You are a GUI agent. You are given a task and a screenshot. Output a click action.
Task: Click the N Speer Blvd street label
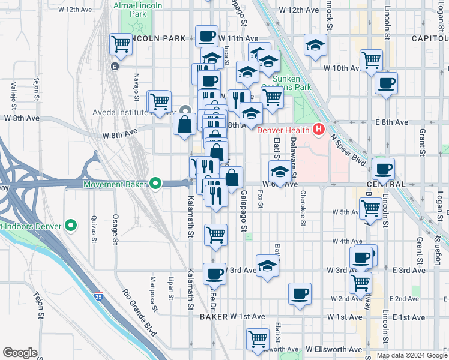click(x=348, y=149)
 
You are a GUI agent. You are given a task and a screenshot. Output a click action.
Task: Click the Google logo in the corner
click(x=20, y=353)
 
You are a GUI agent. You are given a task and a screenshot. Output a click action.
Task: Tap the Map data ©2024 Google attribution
click(x=411, y=355)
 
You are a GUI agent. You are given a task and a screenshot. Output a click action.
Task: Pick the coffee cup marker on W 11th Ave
click(x=206, y=37)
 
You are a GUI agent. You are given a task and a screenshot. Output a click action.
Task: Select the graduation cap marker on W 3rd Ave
click(x=267, y=266)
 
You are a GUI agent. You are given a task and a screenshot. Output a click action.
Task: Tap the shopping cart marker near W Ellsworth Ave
click(x=258, y=338)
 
